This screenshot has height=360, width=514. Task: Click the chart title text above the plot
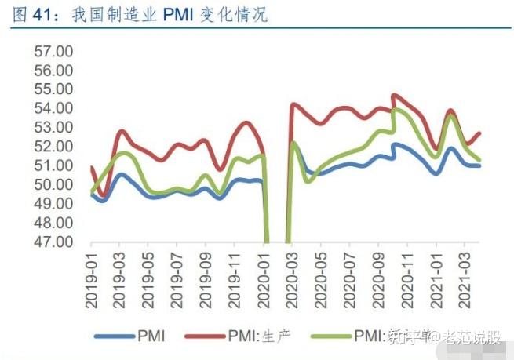138,14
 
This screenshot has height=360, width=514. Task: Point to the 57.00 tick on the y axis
53,51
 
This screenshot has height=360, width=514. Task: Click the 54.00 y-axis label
53,108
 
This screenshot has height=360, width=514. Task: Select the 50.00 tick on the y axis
53,184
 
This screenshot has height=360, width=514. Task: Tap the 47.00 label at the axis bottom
53,242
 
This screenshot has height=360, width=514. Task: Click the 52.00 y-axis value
53,147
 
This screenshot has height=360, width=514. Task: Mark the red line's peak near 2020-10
393,95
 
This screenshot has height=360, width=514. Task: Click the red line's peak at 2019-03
122,131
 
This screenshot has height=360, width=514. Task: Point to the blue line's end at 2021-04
479,165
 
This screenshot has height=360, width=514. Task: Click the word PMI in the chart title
182,14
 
